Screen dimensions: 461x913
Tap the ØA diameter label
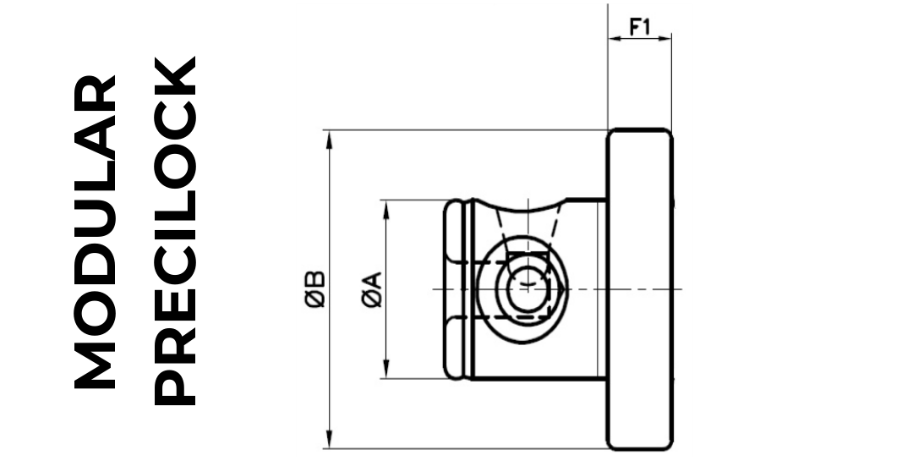pyautogui.click(x=372, y=289)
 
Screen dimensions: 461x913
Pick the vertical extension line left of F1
pyautogui.click(x=608, y=76)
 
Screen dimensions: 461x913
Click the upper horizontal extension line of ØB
pyautogui.click(x=465, y=130)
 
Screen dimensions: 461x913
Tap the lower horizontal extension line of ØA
pyautogui.click(x=414, y=379)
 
